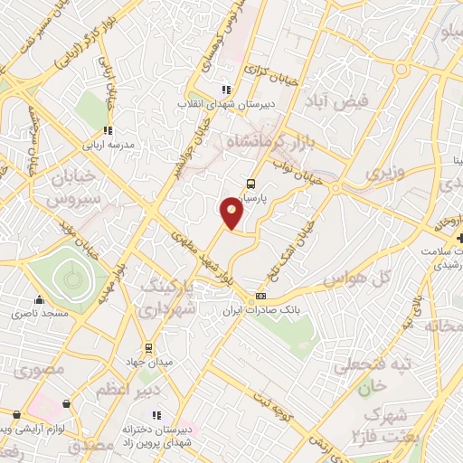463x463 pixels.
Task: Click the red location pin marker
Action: [x=232, y=213]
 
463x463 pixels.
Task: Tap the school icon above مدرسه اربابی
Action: [x=108, y=130]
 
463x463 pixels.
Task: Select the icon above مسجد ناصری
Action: [x=38, y=300]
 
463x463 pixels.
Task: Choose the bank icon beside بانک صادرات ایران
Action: [x=261, y=296]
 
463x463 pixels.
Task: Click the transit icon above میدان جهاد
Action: [x=149, y=347]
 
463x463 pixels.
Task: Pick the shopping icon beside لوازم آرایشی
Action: [x=64, y=404]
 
